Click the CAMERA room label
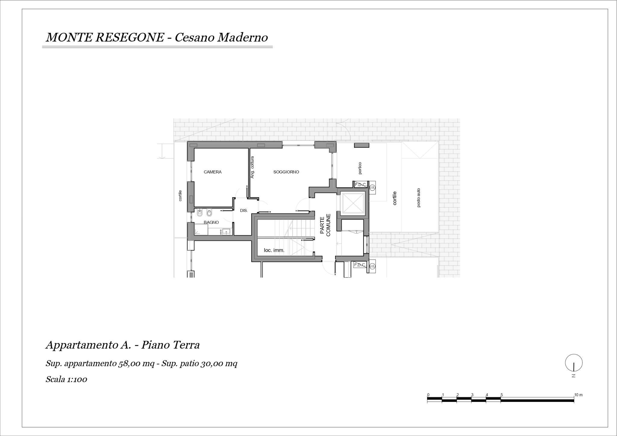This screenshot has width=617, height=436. [212, 172]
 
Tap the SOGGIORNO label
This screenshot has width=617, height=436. [286, 172]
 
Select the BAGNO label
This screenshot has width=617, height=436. [211, 223]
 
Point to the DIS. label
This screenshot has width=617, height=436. [244, 210]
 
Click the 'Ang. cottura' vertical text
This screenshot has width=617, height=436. [252, 167]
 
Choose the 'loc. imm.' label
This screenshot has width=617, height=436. [274, 250]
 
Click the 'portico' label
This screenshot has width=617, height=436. [360, 168]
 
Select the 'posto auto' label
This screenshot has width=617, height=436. [418, 198]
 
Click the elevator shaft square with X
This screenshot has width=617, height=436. [352, 203]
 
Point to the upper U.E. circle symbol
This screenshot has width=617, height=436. [372, 187]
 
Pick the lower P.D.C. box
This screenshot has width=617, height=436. [360, 265]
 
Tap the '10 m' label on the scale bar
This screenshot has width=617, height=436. [578, 395]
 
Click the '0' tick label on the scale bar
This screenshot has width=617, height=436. [428, 395]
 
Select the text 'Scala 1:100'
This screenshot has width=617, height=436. [66, 379]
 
